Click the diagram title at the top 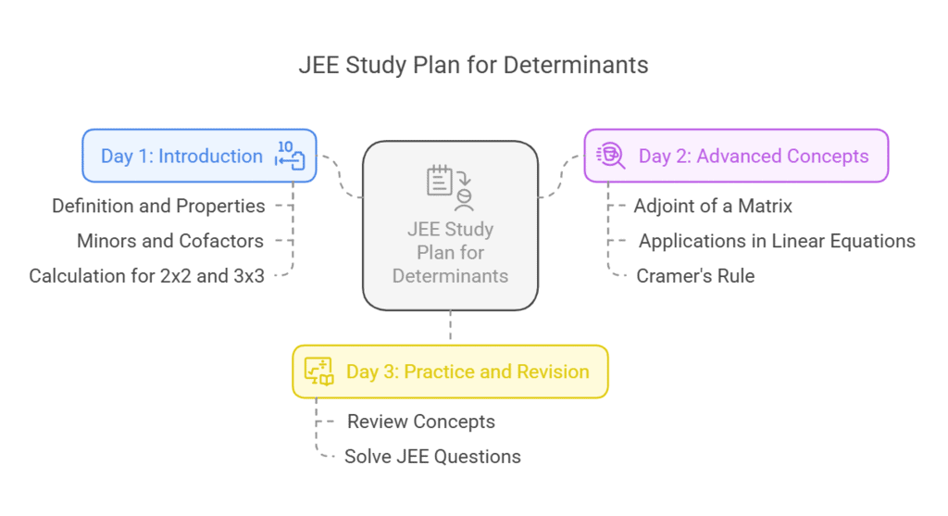473,66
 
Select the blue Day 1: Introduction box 199,156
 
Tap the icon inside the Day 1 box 289,156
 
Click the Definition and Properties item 158,206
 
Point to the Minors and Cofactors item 170,241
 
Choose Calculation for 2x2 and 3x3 146,276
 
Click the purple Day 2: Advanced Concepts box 736,156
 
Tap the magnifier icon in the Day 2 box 612,156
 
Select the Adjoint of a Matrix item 713,206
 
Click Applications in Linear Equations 777,241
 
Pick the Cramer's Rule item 695,276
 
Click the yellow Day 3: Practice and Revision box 450,371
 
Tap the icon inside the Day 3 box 319,371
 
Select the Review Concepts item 421,422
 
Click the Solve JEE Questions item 432,457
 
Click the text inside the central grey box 450,252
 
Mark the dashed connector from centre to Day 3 450,327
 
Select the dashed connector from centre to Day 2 560,178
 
